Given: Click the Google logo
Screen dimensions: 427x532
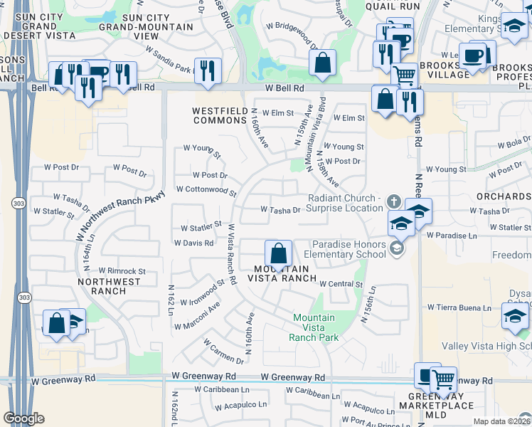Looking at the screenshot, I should [23, 418].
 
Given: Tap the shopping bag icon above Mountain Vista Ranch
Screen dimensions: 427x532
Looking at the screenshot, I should [277, 253].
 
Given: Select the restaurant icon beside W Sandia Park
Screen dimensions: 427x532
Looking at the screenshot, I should [208, 71].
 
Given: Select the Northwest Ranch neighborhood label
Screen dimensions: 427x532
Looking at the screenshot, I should [110, 286].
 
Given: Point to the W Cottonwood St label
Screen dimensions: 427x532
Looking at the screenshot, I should [206, 190].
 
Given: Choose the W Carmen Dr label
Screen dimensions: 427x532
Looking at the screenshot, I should [223, 352].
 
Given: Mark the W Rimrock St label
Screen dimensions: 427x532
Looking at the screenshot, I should [122, 271].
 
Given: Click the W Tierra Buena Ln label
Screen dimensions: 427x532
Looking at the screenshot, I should [460, 307].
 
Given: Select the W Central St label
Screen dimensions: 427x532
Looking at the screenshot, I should [341, 284].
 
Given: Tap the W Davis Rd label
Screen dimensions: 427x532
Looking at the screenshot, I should [193, 243].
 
